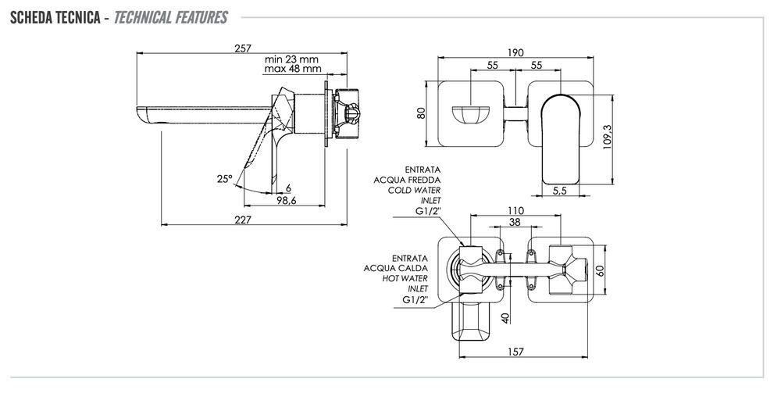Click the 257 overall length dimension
coord(242,48)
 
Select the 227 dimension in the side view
coord(243,220)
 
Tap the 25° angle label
coord(225,179)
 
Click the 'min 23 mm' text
coord(291,59)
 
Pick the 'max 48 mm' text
coord(292,69)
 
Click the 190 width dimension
coord(514,52)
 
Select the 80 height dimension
coord(420,112)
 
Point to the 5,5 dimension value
coord(559,190)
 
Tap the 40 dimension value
coord(506,319)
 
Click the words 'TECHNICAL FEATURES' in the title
coord(170,16)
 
